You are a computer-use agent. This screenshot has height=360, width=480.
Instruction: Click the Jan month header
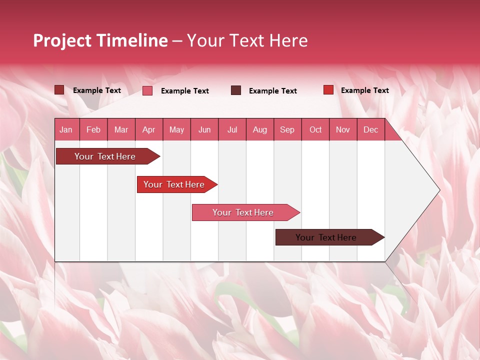(66, 130)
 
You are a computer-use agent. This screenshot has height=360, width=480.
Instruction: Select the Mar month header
(121, 130)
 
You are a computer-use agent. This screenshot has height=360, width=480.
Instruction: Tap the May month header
(176, 130)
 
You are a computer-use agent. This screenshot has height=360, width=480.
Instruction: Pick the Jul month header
(232, 130)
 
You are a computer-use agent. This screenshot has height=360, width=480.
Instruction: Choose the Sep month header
(287, 130)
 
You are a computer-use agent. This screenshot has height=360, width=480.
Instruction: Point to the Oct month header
(315, 130)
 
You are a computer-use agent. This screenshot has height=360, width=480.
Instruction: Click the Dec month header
(370, 130)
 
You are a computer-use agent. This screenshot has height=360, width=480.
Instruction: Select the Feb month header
(93, 130)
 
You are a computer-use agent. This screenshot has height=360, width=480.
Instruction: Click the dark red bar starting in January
(105, 156)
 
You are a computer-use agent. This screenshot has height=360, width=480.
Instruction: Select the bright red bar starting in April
(174, 184)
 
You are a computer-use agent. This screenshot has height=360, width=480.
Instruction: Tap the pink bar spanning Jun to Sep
(243, 212)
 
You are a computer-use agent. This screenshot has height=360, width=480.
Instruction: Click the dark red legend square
(59, 90)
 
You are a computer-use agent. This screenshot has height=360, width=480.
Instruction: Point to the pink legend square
(147, 90)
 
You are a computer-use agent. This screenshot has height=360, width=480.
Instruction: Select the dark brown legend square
(236, 90)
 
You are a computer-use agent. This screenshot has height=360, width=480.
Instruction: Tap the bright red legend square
(328, 90)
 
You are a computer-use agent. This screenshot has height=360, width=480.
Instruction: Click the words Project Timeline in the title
(100, 40)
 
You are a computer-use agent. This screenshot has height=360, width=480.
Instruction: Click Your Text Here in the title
(247, 40)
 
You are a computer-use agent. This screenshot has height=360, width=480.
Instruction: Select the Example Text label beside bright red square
(364, 90)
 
